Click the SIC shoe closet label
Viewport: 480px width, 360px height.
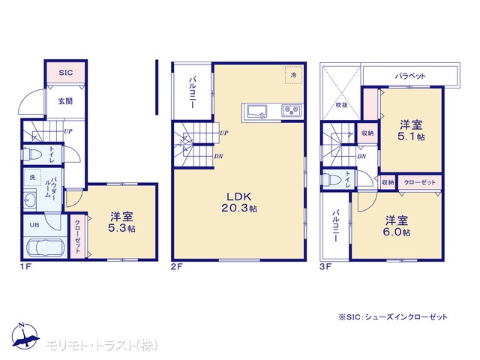pos(66,73)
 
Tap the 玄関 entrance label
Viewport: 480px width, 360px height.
pos(65,101)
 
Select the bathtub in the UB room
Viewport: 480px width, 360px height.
pos(46,247)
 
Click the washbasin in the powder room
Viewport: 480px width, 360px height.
pos(30,199)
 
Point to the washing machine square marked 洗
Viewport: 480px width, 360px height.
pos(32,177)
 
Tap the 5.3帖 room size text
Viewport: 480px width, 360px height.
pos(121,228)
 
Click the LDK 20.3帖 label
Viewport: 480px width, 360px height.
pos(239,202)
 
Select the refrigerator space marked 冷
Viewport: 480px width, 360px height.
pos(293,75)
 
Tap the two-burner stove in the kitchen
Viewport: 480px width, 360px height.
pos(291,110)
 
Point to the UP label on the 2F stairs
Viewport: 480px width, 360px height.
pos(224,133)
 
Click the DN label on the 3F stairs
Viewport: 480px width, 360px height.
pos(361,157)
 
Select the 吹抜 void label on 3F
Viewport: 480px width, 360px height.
pos(342,105)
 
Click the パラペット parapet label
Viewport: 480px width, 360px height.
pos(410,75)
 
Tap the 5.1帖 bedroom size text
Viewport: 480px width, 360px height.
pos(411,136)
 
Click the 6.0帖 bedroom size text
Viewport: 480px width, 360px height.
pos(397,232)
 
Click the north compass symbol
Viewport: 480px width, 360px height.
pos(25,336)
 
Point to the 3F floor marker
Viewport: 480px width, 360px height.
pos(325,267)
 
